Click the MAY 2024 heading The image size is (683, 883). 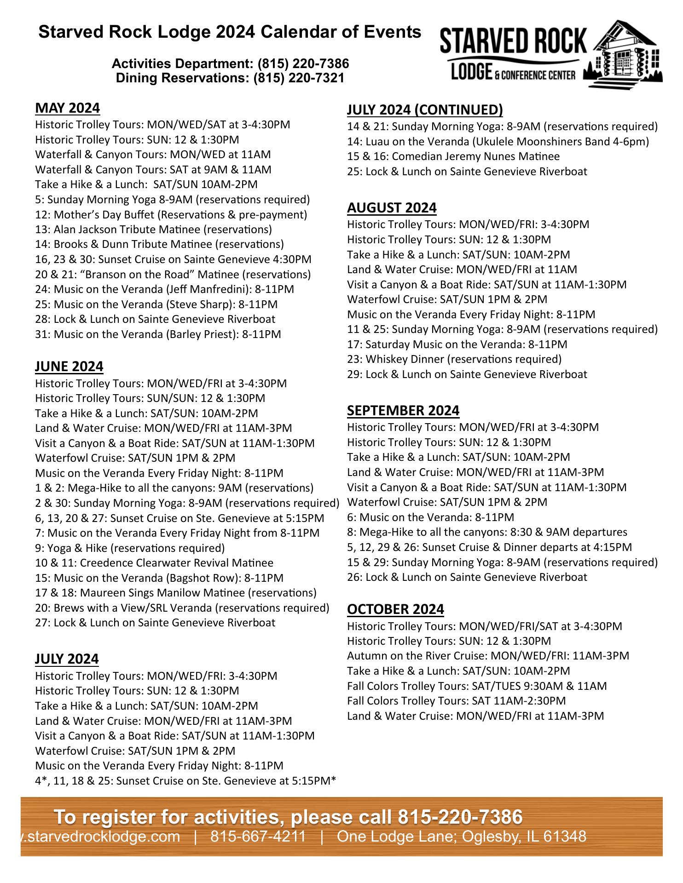pyautogui.click(x=67, y=108)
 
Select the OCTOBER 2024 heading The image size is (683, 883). pyautogui.click(x=395, y=609)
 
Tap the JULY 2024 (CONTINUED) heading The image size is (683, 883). pyautogui.click(x=425, y=110)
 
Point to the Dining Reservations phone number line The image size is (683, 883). pyautogui.click(x=230, y=78)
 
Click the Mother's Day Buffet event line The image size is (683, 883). pyautogui.click(x=171, y=215)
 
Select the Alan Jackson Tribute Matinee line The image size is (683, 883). pyautogui.click(x=153, y=229)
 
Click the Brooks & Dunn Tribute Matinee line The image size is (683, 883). pyautogui.click(x=159, y=244)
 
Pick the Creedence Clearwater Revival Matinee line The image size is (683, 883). pyautogui.click(x=154, y=563)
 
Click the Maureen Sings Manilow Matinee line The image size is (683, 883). pyautogui.click(x=176, y=593)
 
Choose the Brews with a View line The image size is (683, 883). pyautogui.click(x=182, y=608)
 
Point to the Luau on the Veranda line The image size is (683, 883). pyautogui.click(x=498, y=142)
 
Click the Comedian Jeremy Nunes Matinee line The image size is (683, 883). pyautogui.click(x=453, y=157)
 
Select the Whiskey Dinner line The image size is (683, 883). pyautogui.click(x=454, y=359)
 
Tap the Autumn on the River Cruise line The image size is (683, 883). pyautogui.click(x=488, y=656)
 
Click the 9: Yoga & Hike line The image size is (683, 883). pyautogui.click(x=130, y=548)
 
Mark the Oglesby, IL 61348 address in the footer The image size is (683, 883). pyautogui.click(x=461, y=836)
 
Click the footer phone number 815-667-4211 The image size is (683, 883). pyautogui.click(x=258, y=836)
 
